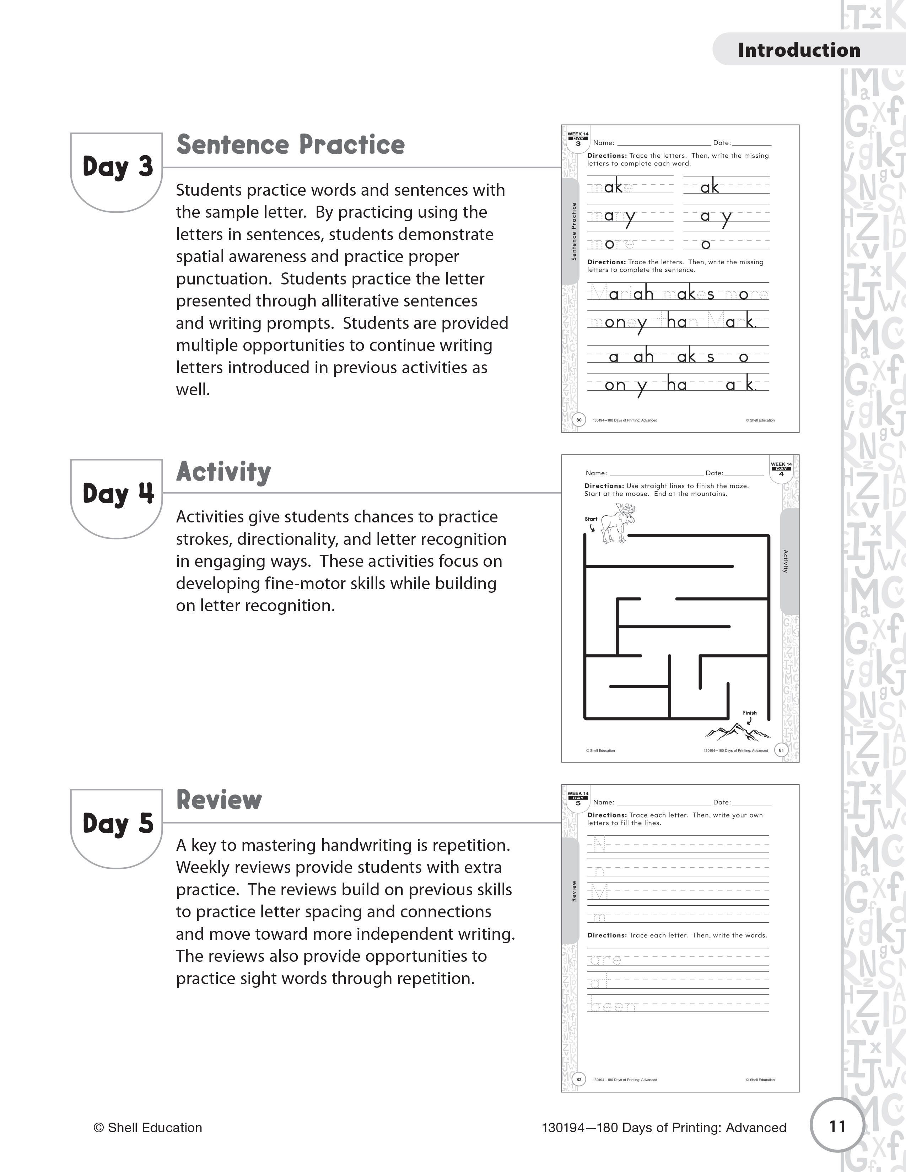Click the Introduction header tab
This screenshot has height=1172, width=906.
(799, 50)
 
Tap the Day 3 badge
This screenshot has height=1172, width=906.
(117, 167)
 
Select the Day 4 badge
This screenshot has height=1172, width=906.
(117, 494)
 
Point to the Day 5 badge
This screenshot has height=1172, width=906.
(117, 824)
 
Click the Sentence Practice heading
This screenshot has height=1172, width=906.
(290, 145)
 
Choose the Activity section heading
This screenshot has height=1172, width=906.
(223, 472)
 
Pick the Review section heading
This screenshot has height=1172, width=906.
(219, 799)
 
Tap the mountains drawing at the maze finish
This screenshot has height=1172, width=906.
(737, 731)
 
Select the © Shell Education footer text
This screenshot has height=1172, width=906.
(147, 1128)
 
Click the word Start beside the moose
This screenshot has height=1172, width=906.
(591, 519)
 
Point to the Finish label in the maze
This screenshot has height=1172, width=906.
(749, 713)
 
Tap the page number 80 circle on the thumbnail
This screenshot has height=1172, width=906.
(578, 420)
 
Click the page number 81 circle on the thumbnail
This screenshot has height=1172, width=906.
(781, 750)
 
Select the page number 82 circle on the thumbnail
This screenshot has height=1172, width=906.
(578, 1079)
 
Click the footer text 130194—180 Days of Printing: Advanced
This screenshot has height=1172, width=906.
(664, 1128)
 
